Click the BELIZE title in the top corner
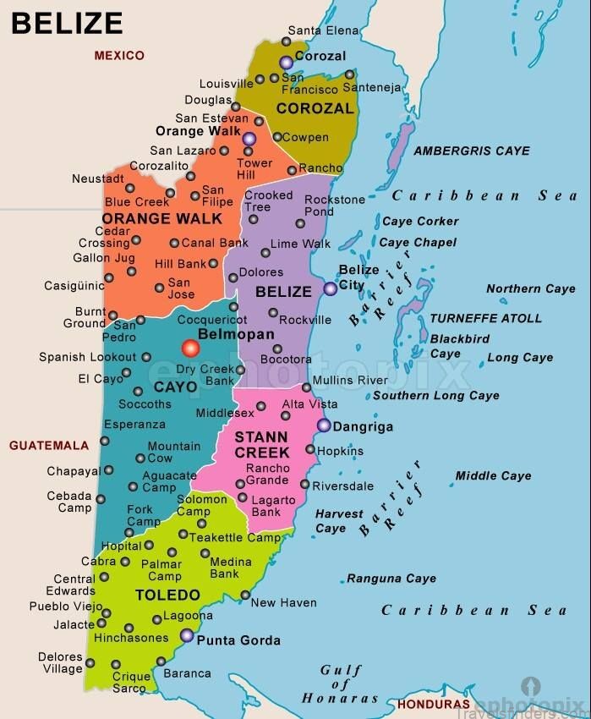67,23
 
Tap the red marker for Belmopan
189,348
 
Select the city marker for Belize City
330,288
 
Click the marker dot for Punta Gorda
186,634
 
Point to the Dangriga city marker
324,425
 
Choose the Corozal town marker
287,62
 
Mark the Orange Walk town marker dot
249,139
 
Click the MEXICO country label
119,56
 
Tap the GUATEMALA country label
49,446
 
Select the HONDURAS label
433,704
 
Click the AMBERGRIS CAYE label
472,151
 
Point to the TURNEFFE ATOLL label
486,319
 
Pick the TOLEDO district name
167,596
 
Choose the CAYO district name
175,387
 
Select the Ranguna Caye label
391,579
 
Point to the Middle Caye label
494,476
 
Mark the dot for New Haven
245,596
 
